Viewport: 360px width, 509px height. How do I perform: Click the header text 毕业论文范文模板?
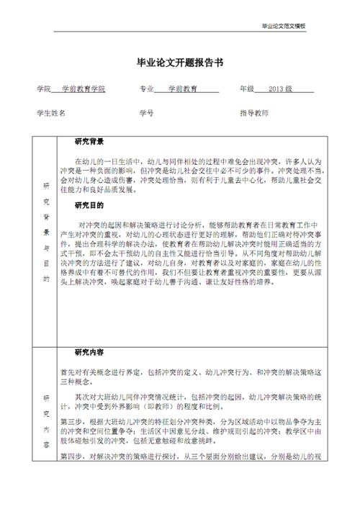pos(283,26)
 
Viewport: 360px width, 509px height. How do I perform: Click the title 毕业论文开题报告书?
pos(179,63)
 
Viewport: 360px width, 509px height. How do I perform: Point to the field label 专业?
pos(147,89)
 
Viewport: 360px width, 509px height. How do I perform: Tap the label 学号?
pos(147,114)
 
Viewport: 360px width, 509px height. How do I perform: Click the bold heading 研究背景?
pos(90,142)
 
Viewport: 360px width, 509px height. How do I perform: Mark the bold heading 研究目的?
pos(90,206)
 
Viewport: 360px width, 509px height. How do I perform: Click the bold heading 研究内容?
pos(90,353)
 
